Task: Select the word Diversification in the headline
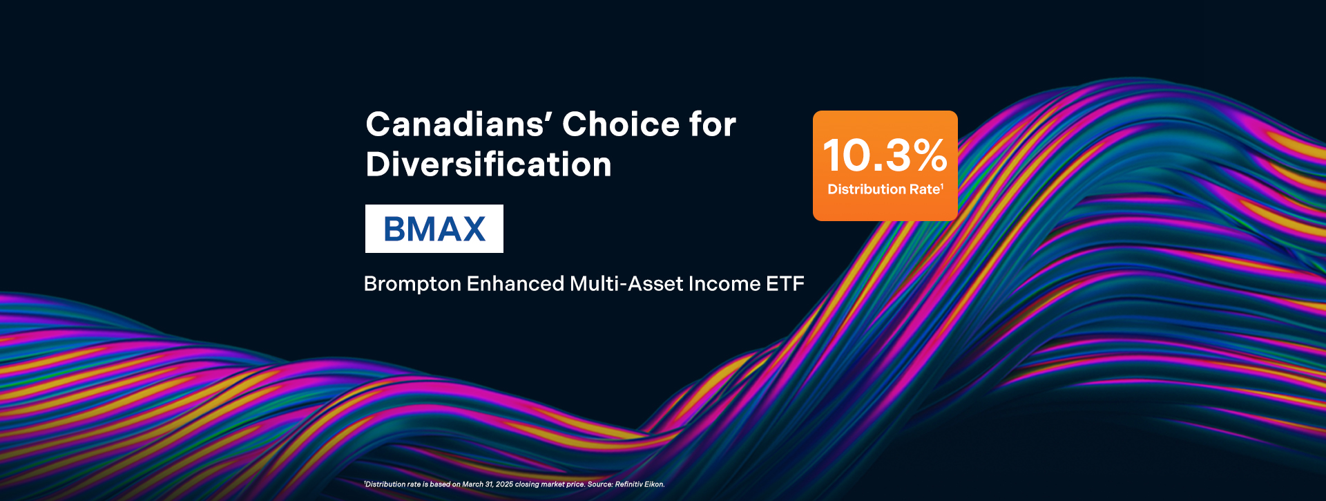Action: (x=489, y=164)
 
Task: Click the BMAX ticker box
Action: (x=434, y=229)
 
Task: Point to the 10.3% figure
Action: (x=885, y=155)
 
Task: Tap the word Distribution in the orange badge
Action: (x=867, y=189)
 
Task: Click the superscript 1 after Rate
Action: (x=942, y=186)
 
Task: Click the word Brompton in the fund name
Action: (x=412, y=284)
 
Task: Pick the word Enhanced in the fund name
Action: (x=515, y=283)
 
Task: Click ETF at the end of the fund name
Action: (x=785, y=283)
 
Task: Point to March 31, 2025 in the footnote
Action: (x=488, y=484)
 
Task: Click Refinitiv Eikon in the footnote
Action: (x=640, y=484)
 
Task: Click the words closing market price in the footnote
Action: (x=550, y=484)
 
